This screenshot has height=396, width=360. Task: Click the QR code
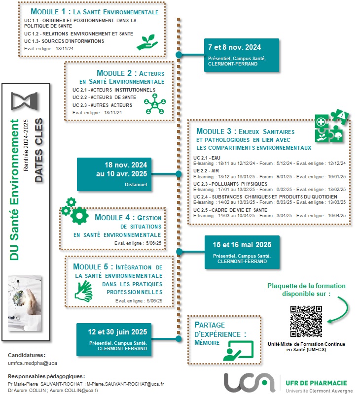click(306, 322)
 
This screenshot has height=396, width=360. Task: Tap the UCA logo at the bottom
click(249, 382)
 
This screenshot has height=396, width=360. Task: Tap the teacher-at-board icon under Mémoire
click(239, 350)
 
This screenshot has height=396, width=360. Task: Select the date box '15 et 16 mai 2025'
click(238, 252)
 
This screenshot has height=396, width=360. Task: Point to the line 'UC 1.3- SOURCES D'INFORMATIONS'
click(64, 41)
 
